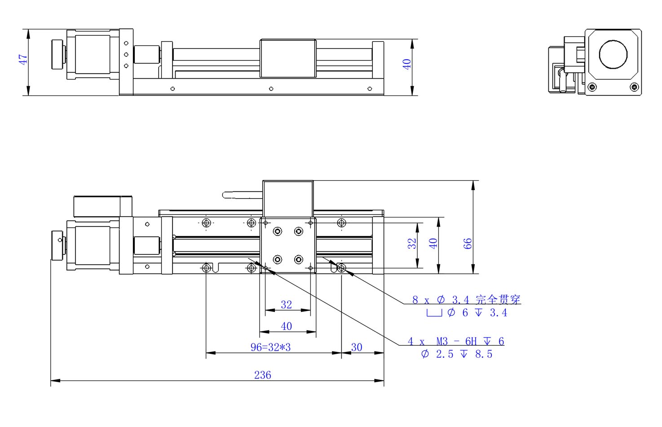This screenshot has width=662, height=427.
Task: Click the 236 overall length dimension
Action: click(262, 375)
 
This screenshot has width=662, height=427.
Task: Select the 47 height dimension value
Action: click(23, 59)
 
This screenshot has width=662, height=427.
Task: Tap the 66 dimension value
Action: click(467, 244)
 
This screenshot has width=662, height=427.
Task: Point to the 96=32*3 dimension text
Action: click(270, 347)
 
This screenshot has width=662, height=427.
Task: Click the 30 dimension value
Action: click(357, 347)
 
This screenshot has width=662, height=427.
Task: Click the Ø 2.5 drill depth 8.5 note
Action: click(457, 354)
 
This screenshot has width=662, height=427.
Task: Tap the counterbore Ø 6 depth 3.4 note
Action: click(467, 312)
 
